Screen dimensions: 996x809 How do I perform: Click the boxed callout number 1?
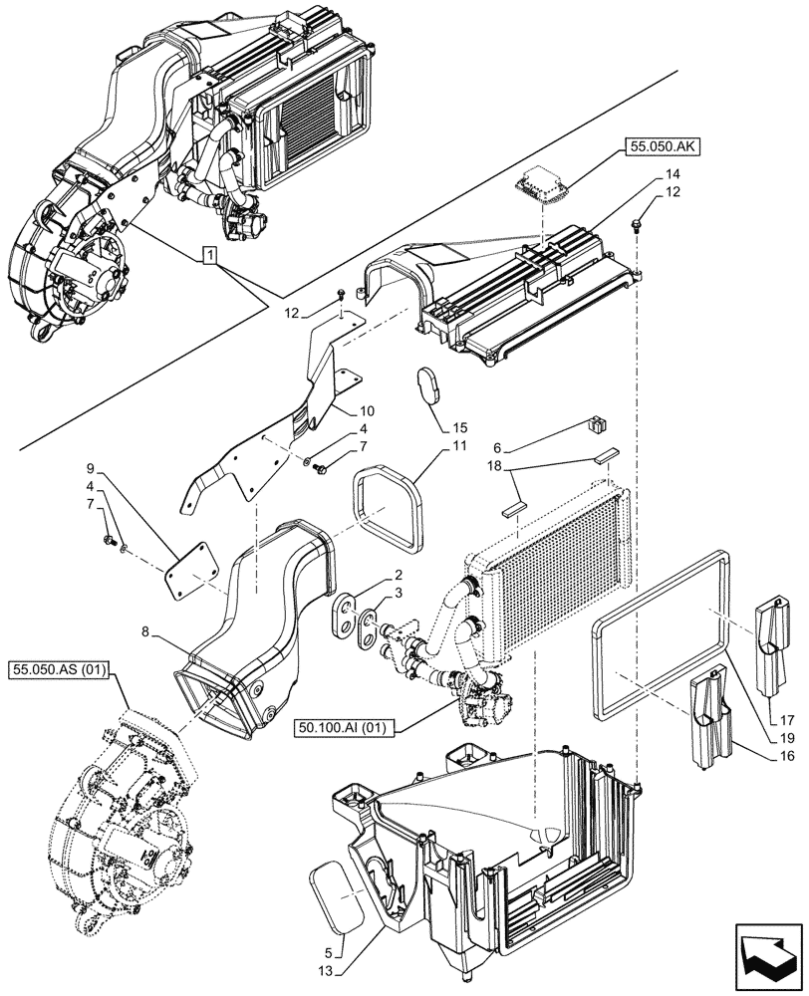pos(208,256)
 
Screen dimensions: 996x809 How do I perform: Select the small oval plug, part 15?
pos(427,386)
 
